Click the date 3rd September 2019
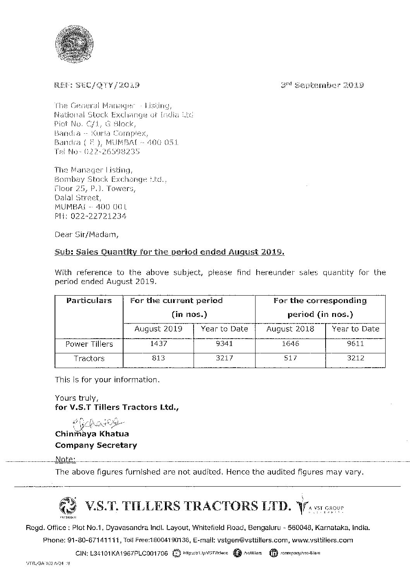coord(322,85)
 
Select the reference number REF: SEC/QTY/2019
coord(97,85)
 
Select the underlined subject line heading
coord(170,252)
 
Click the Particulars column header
coord(89,301)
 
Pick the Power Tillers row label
coord(89,344)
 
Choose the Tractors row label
coord(89,358)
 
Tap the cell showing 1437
coord(158,344)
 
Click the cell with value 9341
coord(224,344)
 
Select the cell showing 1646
coord(290,344)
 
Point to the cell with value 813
coord(158,358)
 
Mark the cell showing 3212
coord(355,358)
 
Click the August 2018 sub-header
coord(290,329)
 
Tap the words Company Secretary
coord(96,445)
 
